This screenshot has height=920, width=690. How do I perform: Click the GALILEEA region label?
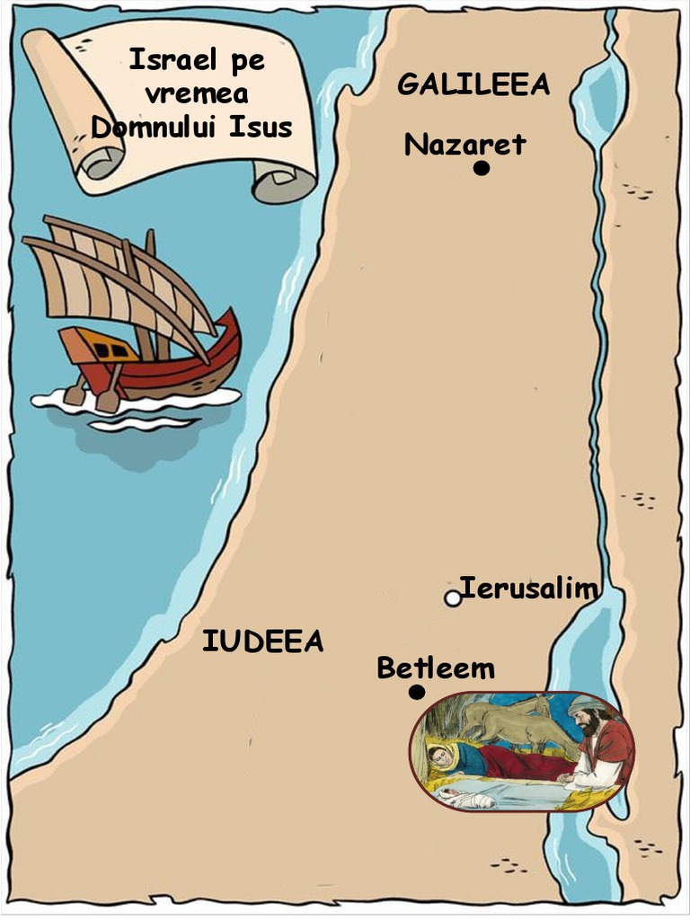473,84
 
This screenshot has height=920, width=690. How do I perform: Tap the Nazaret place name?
464,144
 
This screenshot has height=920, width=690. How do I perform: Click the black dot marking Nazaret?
482,168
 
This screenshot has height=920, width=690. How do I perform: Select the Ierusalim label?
528,588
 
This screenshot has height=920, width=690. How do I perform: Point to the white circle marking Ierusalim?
453,598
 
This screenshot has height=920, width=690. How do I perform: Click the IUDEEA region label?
262,641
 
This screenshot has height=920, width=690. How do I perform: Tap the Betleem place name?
436,668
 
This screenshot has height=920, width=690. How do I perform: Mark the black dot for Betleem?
416,692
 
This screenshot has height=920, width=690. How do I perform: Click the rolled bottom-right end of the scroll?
282,183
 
